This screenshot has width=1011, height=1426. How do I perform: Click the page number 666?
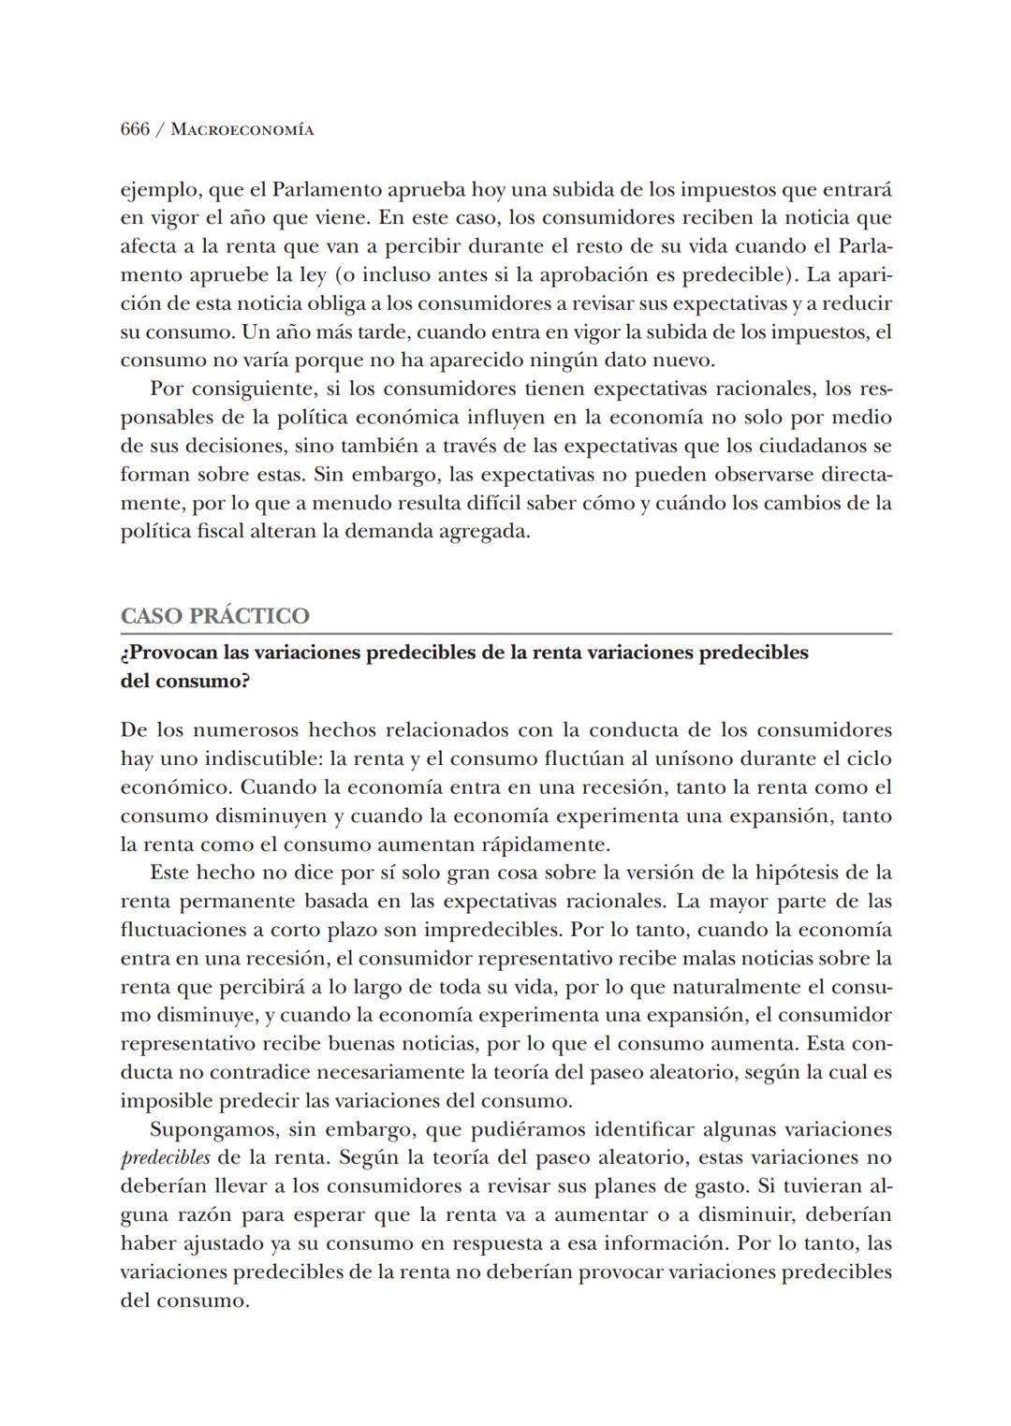pos(135,130)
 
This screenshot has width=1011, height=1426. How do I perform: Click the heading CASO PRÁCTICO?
pos(214,616)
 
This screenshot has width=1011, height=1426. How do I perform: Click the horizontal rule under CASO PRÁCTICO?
pos(505,634)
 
